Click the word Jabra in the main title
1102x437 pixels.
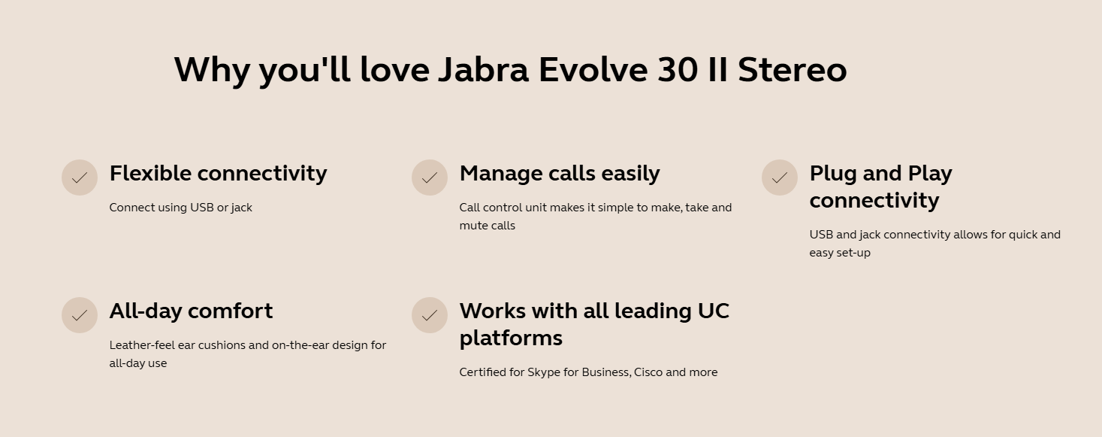[x=484, y=70]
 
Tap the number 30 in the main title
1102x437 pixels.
[x=677, y=70]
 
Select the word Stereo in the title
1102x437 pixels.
[x=792, y=70]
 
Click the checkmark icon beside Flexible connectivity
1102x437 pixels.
[x=80, y=178]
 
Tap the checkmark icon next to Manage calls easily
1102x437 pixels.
[x=430, y=178]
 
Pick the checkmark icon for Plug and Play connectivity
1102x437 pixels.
[x=780, y=178]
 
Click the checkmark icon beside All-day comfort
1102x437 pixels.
[x=80, y=315]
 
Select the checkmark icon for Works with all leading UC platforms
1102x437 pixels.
[x=430, y=315]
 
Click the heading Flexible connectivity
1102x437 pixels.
[x=218, y=174]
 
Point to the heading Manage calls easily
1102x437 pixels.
[x=560, y=174]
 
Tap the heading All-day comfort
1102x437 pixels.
[x=191, y=311]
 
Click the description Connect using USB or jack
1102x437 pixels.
[x=180, y=208]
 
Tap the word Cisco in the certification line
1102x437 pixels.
[x=648, y=372]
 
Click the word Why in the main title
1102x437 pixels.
[x=212, y=70]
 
